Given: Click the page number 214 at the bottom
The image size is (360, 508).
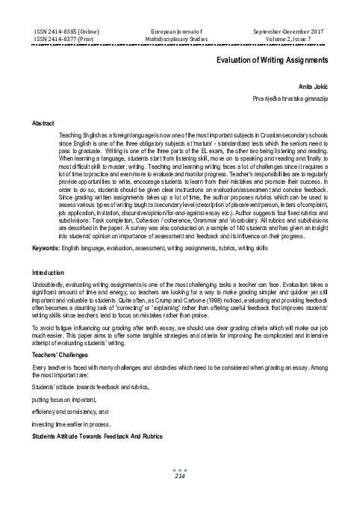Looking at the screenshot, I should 179,475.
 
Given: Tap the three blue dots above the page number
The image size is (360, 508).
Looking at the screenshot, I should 179,469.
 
